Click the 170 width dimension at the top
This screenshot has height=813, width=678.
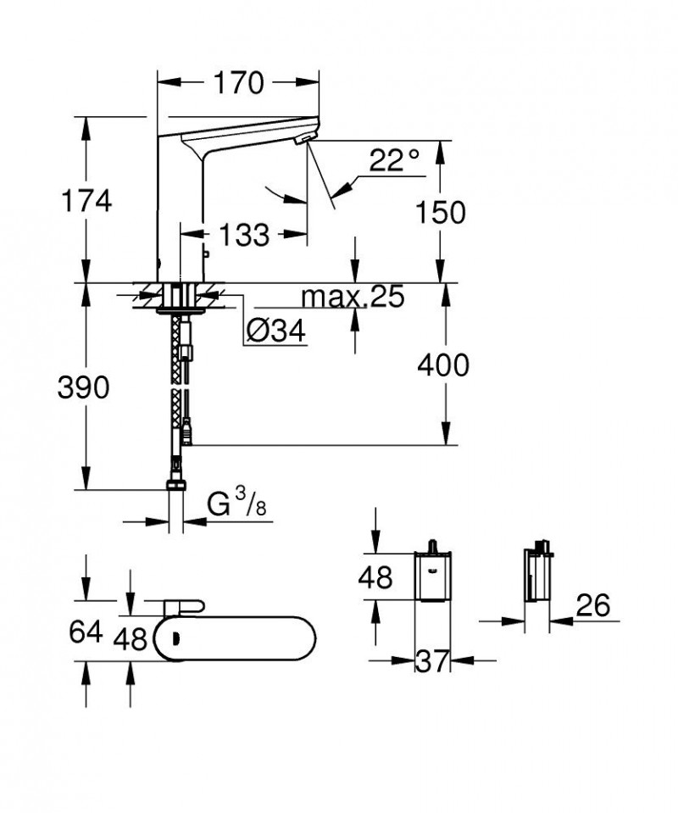click(x=238, y=83)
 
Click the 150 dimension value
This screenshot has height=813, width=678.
click(x=441, y=214)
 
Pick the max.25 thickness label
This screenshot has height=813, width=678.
click(x=353, y=296)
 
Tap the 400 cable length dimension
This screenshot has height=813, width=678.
click(x=442, y=365)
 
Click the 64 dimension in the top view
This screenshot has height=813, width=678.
click(x=85, y=632)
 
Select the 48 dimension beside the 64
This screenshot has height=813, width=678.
click(x=131, y=637)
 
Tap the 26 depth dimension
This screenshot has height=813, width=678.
click(x=593, y=606)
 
